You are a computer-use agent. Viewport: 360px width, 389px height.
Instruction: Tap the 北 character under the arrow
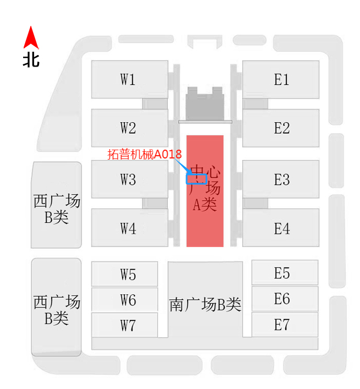31,59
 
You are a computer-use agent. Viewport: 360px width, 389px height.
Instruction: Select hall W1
129,79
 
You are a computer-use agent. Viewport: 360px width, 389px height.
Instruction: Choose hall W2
129,128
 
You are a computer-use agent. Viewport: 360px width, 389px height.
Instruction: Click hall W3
129,179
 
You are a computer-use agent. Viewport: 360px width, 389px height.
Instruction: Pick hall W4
129,227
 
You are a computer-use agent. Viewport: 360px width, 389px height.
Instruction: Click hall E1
281,79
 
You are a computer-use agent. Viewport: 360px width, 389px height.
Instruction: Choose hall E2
281,128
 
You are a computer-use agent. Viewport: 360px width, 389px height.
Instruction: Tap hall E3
281,179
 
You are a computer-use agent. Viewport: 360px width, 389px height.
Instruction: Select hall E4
281,227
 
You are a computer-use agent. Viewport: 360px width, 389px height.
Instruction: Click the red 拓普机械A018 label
144,155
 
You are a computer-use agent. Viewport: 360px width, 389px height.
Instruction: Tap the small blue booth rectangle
197,179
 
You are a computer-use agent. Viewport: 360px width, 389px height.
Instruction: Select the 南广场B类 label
205,304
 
